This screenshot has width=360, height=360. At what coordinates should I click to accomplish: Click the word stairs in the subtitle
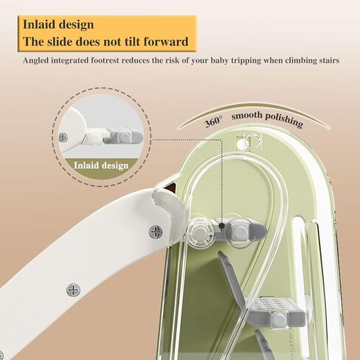[328, 60]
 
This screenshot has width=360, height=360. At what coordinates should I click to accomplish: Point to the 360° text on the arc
[213, 121]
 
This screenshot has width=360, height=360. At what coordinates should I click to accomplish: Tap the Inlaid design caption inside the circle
[101, 165]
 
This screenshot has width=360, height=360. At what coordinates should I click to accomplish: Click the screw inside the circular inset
[63, 137]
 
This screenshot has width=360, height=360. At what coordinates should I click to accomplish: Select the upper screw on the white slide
[156, 232]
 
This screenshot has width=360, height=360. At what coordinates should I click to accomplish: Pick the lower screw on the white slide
[73, 290]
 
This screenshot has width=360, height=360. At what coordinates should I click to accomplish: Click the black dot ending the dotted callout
[222, 226]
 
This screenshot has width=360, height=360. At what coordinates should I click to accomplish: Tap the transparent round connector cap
[201, 233]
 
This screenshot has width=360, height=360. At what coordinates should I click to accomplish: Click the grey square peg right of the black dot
[239, 232]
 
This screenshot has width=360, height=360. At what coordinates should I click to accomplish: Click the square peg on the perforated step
[278, 319]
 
